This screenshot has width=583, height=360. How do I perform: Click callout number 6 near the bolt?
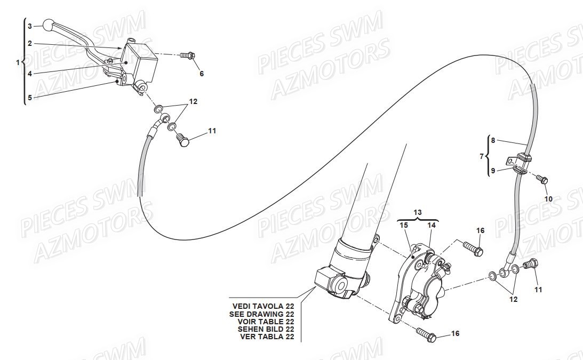click(202, 74)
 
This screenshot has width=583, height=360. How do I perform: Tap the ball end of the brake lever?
click(49, 25)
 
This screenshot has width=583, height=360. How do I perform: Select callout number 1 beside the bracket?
click(18, 62)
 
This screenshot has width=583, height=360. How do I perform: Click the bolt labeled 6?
click(188, 55)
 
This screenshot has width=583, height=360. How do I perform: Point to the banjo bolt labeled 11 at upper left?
click(183, 140)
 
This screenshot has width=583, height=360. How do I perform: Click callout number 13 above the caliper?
click(418, 212)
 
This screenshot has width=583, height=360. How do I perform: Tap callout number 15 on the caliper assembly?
click(404, 226)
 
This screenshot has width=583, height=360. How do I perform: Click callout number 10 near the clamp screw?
click(548, 198)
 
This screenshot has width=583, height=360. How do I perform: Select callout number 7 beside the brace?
click(482, 156)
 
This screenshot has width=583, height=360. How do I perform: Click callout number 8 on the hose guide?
click(493, 141)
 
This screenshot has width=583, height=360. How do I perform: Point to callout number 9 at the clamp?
click(493, 171)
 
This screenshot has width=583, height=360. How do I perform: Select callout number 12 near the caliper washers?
click(513, 299)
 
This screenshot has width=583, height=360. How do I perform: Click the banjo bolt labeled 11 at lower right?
click(531, 264)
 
